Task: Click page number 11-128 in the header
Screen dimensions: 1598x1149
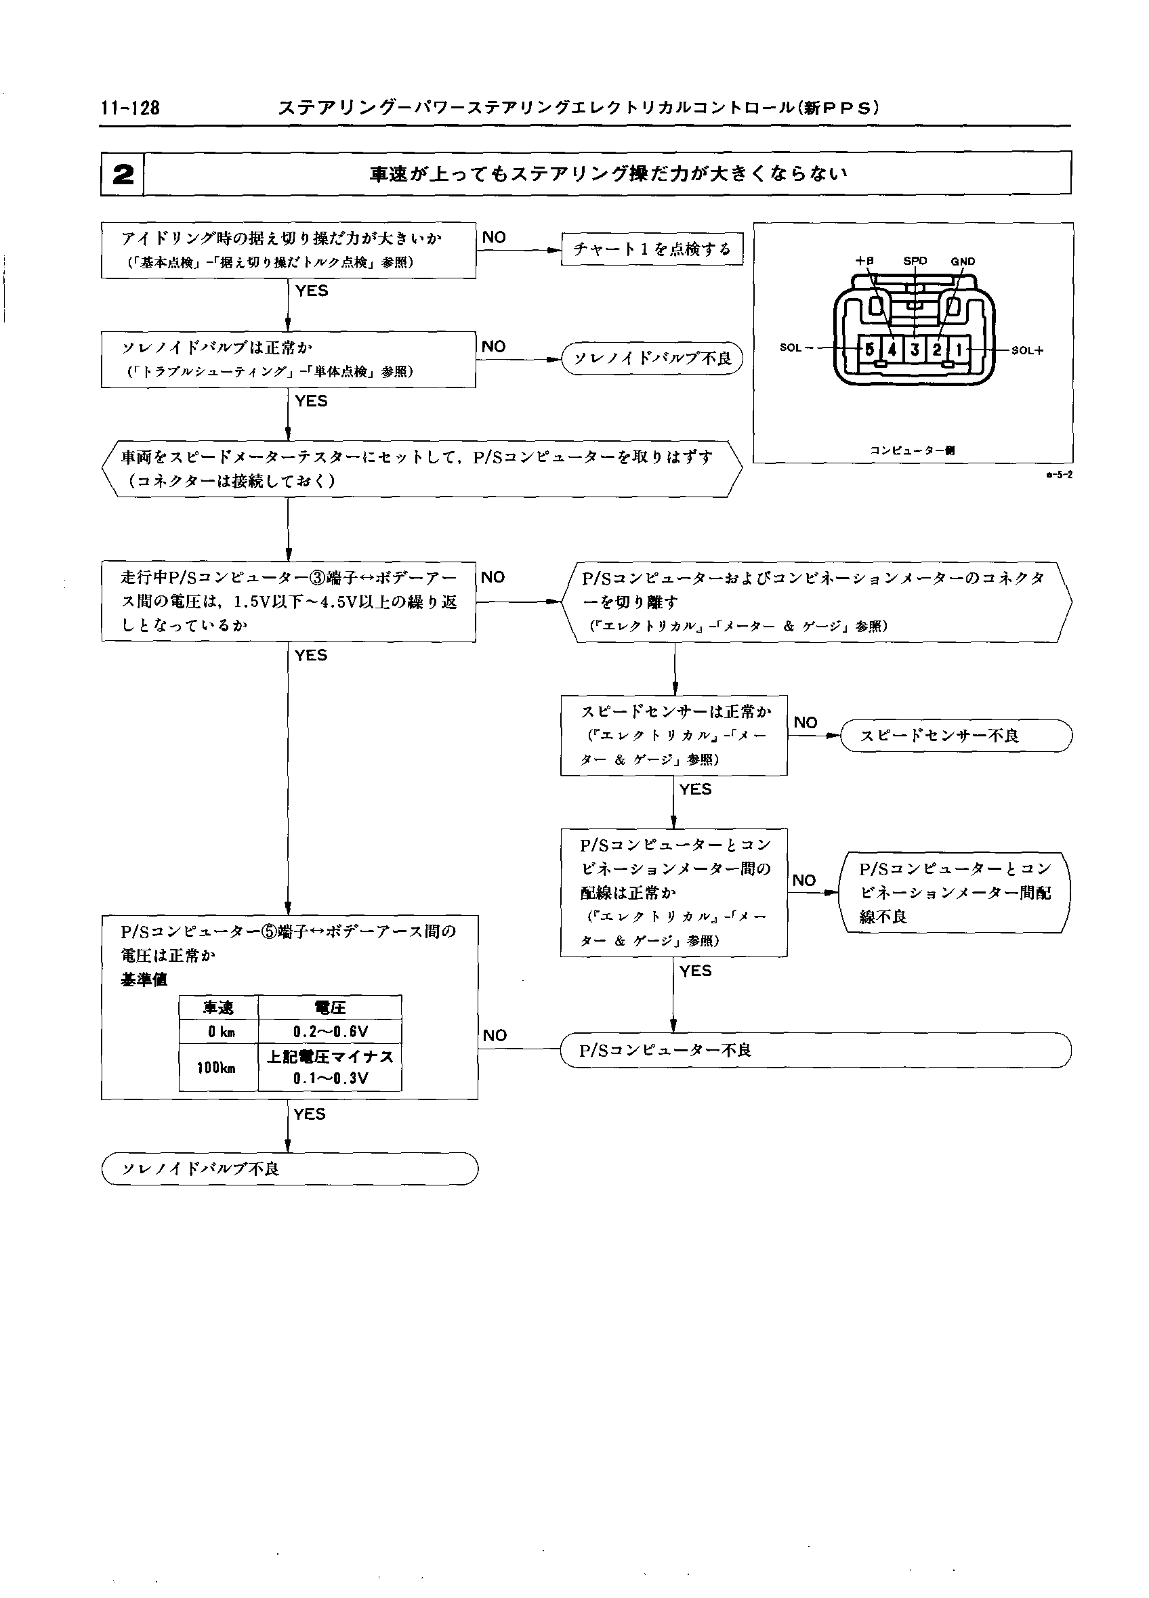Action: (x=130, y=108)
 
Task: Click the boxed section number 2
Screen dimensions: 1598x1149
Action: (x=123, y=174)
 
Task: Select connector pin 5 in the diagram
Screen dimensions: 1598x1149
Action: (x=870, y=349)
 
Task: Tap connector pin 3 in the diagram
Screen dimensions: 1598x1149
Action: (x=915, y=349)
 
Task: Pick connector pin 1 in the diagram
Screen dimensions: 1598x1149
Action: (x=959, y=349)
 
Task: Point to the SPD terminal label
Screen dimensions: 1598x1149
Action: (x=915, y=261)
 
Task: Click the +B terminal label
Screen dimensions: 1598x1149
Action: (x=864, y=261)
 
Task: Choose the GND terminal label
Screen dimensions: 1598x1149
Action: (x=962, y=261)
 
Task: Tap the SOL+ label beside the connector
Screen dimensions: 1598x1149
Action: (x=1027, y=350)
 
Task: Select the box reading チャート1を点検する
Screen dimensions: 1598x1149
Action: (x=652, y=249)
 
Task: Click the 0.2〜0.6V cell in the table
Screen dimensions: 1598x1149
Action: (x=330, y=1032)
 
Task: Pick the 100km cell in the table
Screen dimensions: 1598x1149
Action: (x=216, y=1068)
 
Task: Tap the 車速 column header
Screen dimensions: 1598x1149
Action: (x=217, y=1007)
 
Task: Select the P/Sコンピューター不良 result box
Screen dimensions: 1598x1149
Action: (x=815, y=1051)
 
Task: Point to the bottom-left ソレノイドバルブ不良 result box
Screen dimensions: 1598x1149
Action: (x=289, y=1169)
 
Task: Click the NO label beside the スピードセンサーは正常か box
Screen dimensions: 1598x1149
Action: (x=806, y=723)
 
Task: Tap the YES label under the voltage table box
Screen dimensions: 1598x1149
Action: (x=309, y=1114)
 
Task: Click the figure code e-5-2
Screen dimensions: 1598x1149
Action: (x=1059, y=475)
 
